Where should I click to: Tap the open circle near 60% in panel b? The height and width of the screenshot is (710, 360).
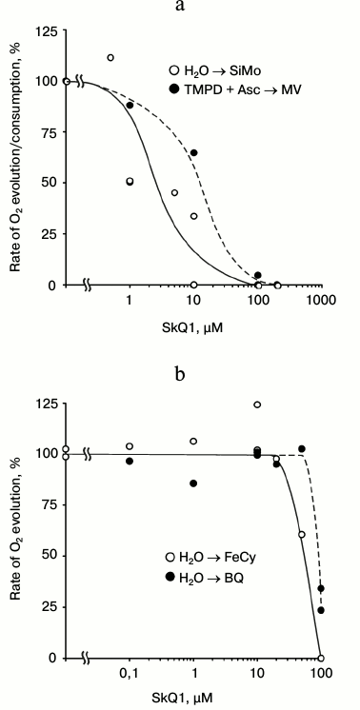[x=302, y=535]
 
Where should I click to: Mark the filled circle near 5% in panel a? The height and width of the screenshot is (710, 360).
[x=257, y=276]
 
